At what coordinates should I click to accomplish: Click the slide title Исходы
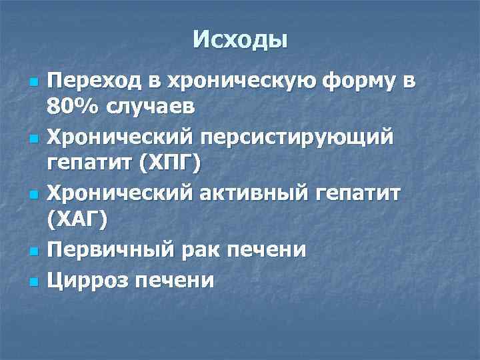click(240, 41)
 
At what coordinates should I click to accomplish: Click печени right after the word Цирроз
click(175, 280)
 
